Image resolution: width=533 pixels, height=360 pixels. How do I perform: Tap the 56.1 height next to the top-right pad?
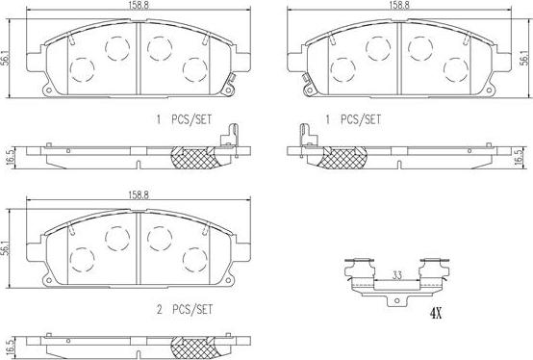pos(523,57)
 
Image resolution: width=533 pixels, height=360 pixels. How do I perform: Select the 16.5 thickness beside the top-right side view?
pos(523,156)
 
